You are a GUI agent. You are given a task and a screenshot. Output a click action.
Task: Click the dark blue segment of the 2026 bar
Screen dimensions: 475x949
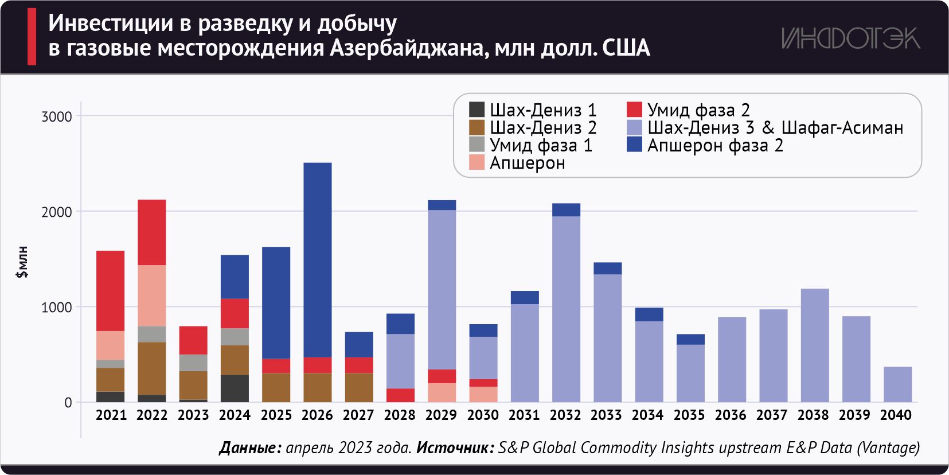pos(317,259)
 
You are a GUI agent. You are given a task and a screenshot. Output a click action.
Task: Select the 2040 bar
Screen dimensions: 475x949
pos(897,384)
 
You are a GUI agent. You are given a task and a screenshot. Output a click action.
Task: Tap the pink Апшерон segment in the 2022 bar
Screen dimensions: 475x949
pos(152,295)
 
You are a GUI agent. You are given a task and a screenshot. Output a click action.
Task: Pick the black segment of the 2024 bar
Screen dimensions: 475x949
pos(235,388)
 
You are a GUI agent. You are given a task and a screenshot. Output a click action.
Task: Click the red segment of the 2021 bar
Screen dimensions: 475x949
pos(111,291)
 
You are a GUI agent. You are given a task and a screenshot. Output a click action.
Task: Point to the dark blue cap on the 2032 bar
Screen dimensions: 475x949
pos(566,210)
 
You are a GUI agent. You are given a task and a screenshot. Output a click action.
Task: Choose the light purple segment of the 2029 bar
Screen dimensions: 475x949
pos(442,290)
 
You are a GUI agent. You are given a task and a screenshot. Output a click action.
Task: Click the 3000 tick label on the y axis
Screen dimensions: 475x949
pos(57,116)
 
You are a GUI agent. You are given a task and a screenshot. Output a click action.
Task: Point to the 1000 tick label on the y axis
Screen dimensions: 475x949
pos(57,307)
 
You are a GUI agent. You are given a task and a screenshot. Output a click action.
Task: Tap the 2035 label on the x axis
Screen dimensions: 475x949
pos(689,415)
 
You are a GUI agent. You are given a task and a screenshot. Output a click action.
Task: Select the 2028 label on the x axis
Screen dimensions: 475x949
pos(400,415)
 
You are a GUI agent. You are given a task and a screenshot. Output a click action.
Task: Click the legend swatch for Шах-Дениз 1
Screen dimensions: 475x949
pos(477,110)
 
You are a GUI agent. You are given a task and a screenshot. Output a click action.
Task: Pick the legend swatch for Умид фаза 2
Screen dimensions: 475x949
pos(634,110)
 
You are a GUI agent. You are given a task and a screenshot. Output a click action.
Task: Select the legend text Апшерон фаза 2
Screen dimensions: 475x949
pos(715,146)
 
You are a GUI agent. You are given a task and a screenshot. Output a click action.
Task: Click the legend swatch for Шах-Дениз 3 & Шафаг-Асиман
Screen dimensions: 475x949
pos(634,127)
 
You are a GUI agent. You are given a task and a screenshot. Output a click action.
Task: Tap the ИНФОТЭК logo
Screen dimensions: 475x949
pos(850,38)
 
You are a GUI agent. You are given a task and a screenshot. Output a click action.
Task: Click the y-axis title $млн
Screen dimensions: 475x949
pos(22,262)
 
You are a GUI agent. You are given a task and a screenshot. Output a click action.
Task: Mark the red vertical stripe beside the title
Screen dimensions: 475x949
pos(32,36)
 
